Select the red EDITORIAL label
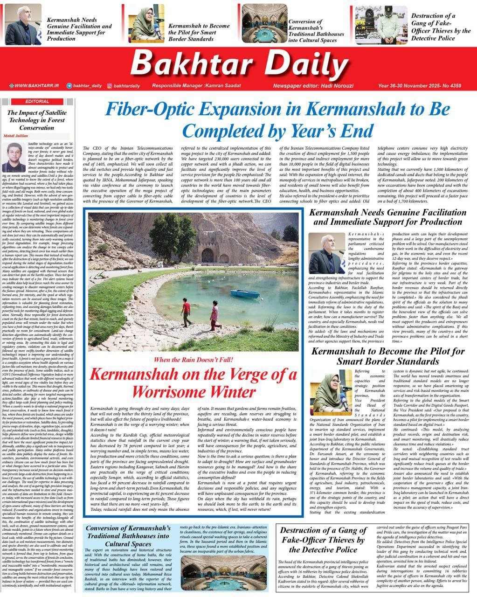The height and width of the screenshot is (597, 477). [37, 101]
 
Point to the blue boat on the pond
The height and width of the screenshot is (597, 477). [246, 293]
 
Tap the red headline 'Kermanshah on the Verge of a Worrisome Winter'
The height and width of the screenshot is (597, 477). [193, 382]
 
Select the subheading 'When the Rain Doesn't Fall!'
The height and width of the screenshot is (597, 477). [193, 360]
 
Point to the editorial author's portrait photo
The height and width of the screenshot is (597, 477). [16, 158]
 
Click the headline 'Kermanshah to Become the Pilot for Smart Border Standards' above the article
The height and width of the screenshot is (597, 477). [387, 356]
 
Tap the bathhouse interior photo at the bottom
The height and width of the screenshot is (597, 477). [218, 573]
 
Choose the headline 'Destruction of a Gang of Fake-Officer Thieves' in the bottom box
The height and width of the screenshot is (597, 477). [322, 540]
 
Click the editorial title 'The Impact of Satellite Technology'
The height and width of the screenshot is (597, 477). [37, 120]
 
